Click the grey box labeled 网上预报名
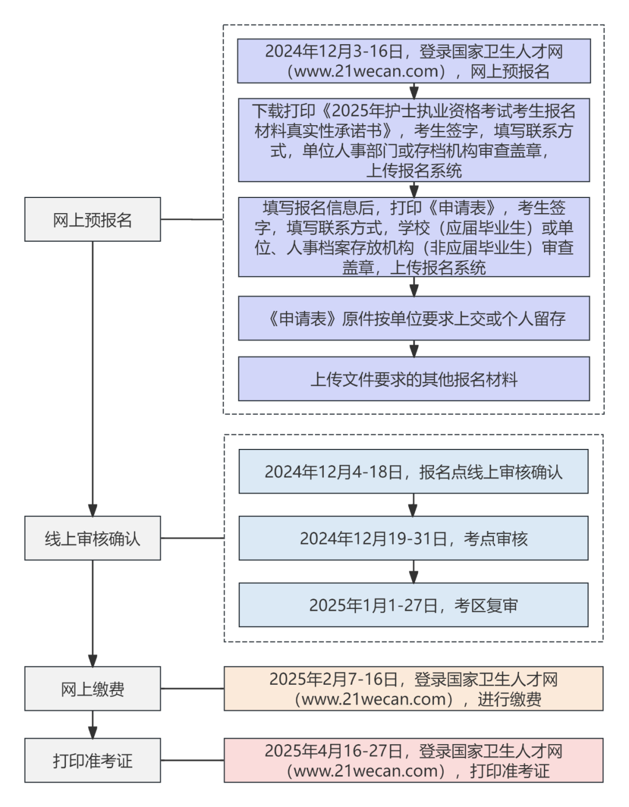pyautogui.click(x=92, y=220)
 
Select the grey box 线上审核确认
pyautogui.click(x=92, y=538)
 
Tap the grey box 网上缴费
pyautogui.click(x=92, y=689)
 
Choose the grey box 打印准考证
pyautogui.click(x=92, y=760)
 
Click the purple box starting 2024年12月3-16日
pyautogui.click(x=414, y=61)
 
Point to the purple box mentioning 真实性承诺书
pyautogui.click(x=414, y=140)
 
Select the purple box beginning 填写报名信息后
pyautogui.click(x=414, y=237)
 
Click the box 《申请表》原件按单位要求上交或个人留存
pyautogui.click(x=414, y=318)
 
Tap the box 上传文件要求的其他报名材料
pyautogui.click(x=414, y=379)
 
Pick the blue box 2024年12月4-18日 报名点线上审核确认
pyautogui.click(x=414, y=472)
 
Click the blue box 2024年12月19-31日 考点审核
pyautogui.click(x=414, y=538)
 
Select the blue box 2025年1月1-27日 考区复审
pyautogui.click(x=414, y=606)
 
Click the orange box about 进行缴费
pyautogui.click(x=414, y=689)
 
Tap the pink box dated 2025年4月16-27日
pyautogui.click(x=414, y=760)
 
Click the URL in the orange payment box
pyautogui.click(x=373, y=699)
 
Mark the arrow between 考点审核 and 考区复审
pyautogui.click(x=414, y=572)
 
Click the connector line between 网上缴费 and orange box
pyautogui.click(x=192, y=689)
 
